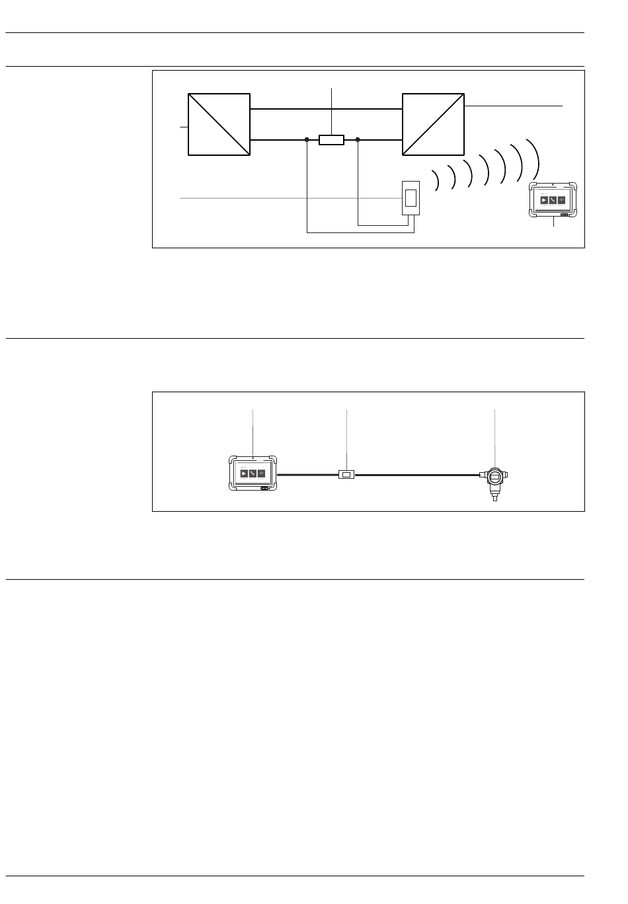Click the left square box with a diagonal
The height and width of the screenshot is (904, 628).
click(219, 124)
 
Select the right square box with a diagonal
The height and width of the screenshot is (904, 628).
click(433, 124)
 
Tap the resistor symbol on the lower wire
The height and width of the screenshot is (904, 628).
click(331, 139)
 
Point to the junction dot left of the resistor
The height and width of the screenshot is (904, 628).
click(307, 139)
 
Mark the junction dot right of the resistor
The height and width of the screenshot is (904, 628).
click(358, 139)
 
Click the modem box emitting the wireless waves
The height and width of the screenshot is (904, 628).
click(411, 197)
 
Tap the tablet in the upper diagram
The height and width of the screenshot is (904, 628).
click(553, 199)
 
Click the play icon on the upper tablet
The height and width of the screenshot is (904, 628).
click(544, 200)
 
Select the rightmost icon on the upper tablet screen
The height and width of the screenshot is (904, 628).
click(561, 200)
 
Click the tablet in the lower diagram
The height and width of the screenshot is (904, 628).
click(253, 473)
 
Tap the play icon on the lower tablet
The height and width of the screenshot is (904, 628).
click(244, 473)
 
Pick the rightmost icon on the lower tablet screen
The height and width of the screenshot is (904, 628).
click(261, 473)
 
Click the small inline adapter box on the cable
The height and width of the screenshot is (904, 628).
click(346, 474)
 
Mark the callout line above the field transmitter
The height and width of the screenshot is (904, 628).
click(494, 436)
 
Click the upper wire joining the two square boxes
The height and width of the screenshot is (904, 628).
click(326, 109)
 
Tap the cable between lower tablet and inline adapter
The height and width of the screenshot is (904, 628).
click(307, 474)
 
